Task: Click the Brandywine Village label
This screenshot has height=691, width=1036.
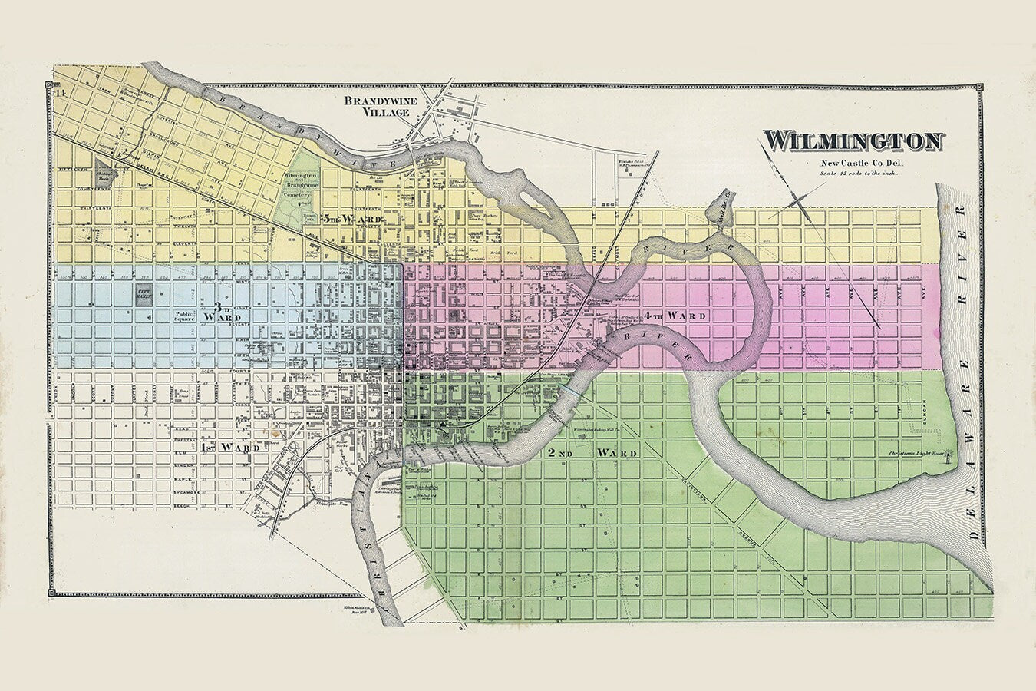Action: click(373, 107)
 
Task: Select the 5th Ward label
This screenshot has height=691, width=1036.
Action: click(352, 219)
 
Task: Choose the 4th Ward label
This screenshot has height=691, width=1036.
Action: click(675, 316)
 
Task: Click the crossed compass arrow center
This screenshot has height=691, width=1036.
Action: click(798, 203)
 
